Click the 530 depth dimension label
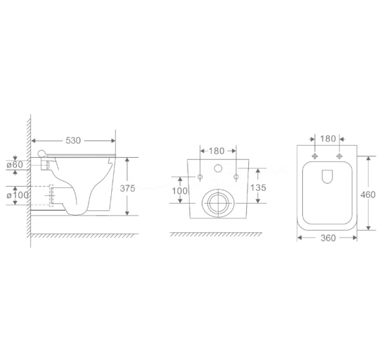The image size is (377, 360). [73, 141]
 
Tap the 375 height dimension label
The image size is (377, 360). [128, 188]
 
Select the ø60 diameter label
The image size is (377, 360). [15, 165]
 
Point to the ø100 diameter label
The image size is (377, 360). [18, 195]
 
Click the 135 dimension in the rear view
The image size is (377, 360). [258, 188]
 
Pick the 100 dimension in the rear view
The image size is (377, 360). [180, 191]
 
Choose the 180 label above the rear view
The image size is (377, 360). [216, 151]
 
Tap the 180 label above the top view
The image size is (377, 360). [328, 139]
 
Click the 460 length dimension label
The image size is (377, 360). [368, 195]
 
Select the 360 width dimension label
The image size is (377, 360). [328, 238]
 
